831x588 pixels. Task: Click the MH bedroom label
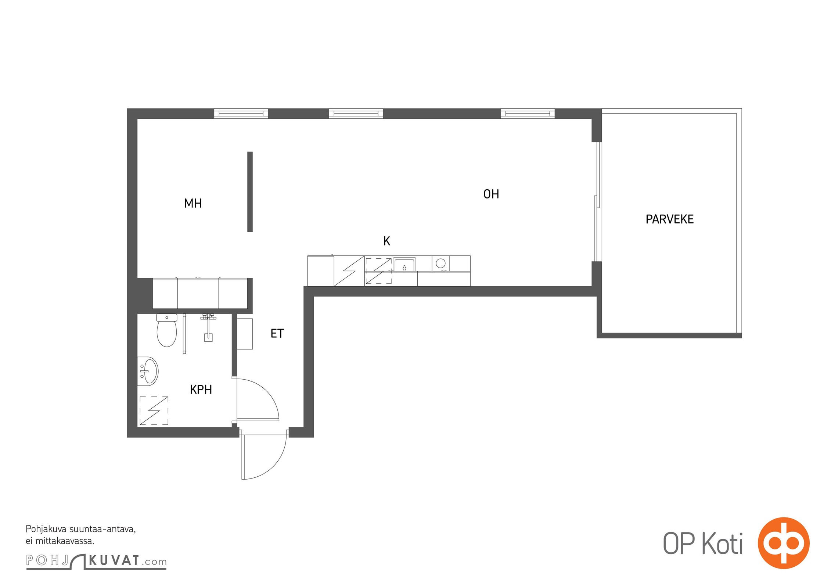click(x=193, y=203)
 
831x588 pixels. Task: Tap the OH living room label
click(x=491, y=194)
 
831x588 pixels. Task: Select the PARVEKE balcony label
click(x=669, y=219)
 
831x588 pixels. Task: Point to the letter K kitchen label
click(x=386, y=241)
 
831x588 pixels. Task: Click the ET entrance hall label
click(x=277, y=333)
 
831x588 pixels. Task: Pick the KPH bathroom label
click(x=201, y=390)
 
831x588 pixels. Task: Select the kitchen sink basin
click(x=404, y=265)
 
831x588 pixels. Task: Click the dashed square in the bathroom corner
click(x=154, y=410)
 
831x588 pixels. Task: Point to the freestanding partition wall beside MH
click(x=250, y=192)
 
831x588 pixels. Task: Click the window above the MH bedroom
click(x=241, y=114)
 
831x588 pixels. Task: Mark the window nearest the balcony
click(x=528, y=114)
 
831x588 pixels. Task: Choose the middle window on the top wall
click(x=356, y=114)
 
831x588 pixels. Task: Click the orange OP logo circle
click(x=784, y=543)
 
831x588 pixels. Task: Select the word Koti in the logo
click(x=722, y=544)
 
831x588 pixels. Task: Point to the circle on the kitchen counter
click(x=440, y=263)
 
